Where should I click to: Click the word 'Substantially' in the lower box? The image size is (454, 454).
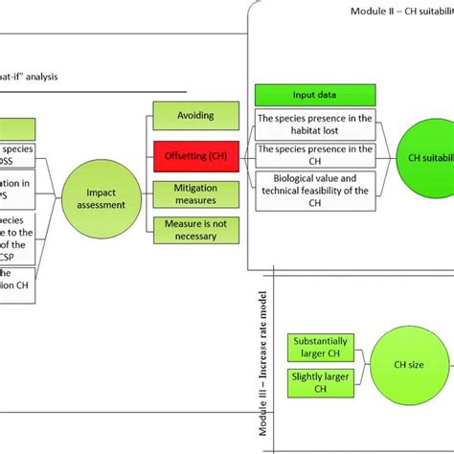[312, 340]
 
